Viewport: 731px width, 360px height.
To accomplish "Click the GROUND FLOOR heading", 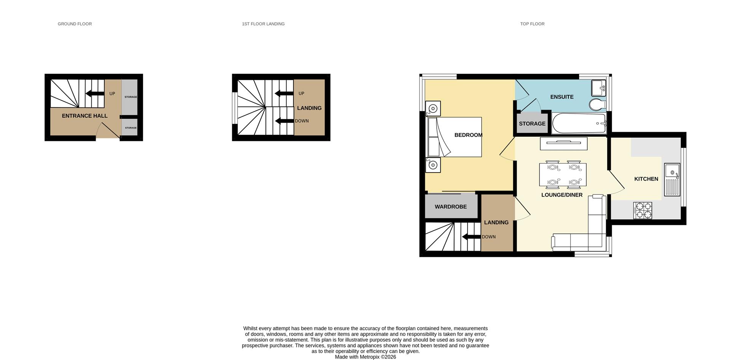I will (x=75, y=24).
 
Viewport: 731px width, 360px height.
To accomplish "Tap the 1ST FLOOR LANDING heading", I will (x=263, y=24).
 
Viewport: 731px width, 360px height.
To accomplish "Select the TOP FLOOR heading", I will (x=532, y=24).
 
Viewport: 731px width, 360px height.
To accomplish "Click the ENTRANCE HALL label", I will (x=85, y=116).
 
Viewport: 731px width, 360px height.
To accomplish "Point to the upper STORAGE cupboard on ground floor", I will (x=130, y=97).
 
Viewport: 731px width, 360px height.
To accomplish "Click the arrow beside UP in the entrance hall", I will (x=95, y=94).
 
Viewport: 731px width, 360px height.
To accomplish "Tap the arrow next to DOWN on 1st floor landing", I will (x=284, y=121).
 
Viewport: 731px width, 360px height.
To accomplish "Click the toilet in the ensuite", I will (x=597, y=104).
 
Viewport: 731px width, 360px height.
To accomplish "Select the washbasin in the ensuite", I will (x=598, y=88).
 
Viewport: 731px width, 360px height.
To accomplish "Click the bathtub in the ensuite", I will (x=579, y=123).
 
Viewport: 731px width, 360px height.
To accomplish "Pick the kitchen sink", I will (x=672, y=179).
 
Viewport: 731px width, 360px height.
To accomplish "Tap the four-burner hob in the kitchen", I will (x=642, y=211).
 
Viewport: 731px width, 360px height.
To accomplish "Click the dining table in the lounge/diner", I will (x=563, y=174).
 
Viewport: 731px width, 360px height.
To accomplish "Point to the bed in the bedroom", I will (x=455, y=137).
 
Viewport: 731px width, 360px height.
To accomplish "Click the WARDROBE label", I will (x=451, y=206).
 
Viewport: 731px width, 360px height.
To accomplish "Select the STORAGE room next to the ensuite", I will (x=532, y=123).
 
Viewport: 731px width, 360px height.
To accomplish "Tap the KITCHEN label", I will (x=646, y=179).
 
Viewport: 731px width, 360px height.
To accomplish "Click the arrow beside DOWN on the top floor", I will (x=471, y=237).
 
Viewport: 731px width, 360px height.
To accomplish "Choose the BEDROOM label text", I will (x=468, y=135).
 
